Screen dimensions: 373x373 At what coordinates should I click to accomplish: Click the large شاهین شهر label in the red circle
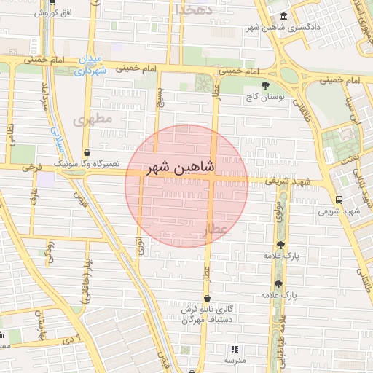pos(179,168)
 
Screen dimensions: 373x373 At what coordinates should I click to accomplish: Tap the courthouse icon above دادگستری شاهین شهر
pos(283,17)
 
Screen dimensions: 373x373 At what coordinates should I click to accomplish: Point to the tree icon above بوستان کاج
pos(263,85)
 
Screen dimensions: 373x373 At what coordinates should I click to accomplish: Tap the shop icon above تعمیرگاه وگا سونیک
pos(87,154)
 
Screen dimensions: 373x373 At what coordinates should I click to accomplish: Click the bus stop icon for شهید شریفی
pos(339,200)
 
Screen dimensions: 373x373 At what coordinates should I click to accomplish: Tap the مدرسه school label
pos(234,361)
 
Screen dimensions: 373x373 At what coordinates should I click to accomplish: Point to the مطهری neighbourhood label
pos(98,118)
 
